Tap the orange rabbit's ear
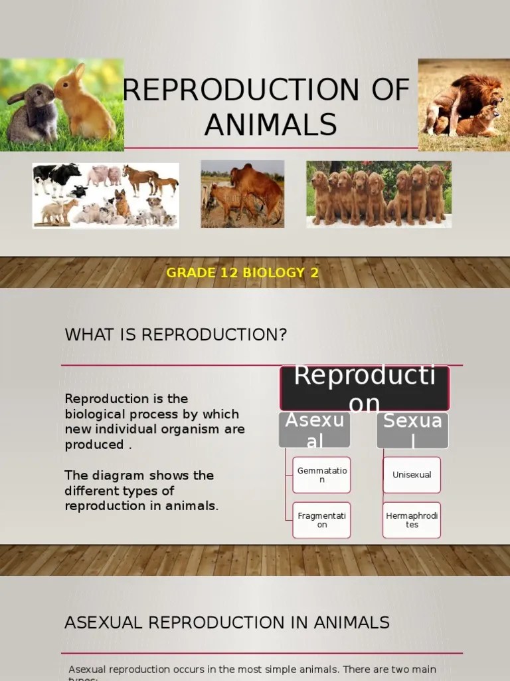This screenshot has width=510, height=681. pyautogui.click(x=78, y=72)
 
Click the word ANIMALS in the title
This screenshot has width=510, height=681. pyautogui.click(x=270, y=124)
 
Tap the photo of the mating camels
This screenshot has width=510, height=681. pyautogui.click(x=242, y=194)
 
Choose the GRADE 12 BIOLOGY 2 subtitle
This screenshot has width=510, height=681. pyautogui.click(x=242, y=273)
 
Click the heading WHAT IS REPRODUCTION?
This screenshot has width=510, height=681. pyautogui.click(x=176, y=335)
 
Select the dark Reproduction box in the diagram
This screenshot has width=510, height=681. pyautogui.click(x=365, y=388)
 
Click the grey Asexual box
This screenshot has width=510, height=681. pyautogui.click(x=315, y=430)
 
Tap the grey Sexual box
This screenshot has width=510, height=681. pyautogui.click(x=412, y=430)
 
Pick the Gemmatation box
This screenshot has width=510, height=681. pyautogui.click(x=321, y=475)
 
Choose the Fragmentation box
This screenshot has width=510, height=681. pyautogui.click(x=321, y=520)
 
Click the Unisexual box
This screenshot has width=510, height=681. pyautogui.click(x=412, y=475)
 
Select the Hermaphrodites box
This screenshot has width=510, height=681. pyautogui.click(x=412, y=520)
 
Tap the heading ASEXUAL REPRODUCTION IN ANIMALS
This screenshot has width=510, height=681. pyautogui.click(x=227, y=622)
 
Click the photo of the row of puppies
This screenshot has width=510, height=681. pyautogui.click(x=379, y=194)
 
